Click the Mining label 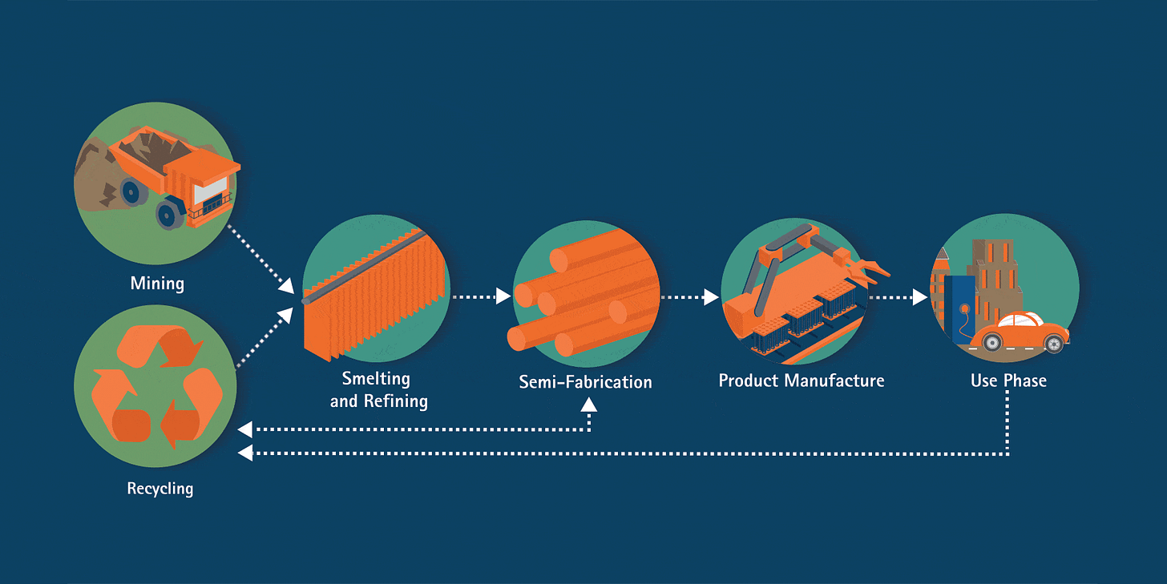157,284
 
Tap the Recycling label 160,488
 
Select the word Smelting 376,379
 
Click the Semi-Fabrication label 585,382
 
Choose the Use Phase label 1008,381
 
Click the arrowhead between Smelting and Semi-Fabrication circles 503,296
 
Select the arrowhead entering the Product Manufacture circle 711,297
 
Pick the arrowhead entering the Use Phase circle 920,297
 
